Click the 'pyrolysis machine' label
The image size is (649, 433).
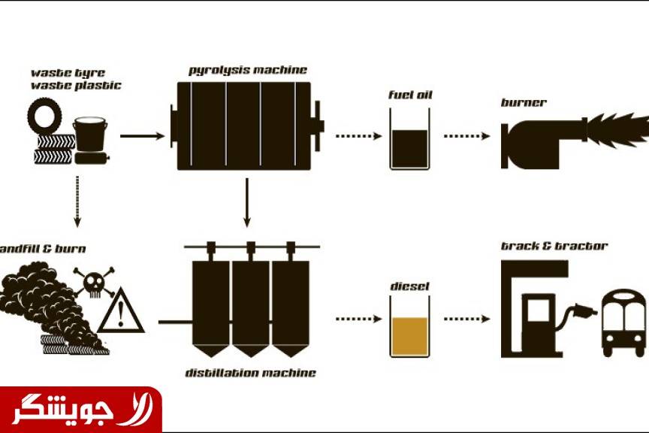click(248, 71)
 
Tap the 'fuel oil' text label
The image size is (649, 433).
click(410, 95)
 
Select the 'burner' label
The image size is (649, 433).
click(524, 102)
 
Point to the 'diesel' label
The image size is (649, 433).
click(409, 286)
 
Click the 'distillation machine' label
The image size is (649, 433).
click(251, 373)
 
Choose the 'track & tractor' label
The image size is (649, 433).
click(554, 246)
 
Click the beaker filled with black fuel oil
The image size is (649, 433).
click(409, 139)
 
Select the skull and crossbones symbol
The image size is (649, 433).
click(95, 282)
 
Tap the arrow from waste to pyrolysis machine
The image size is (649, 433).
click(141, 136)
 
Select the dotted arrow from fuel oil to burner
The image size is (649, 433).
click(466, 136)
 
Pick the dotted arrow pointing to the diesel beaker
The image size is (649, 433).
click(359, 319)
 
